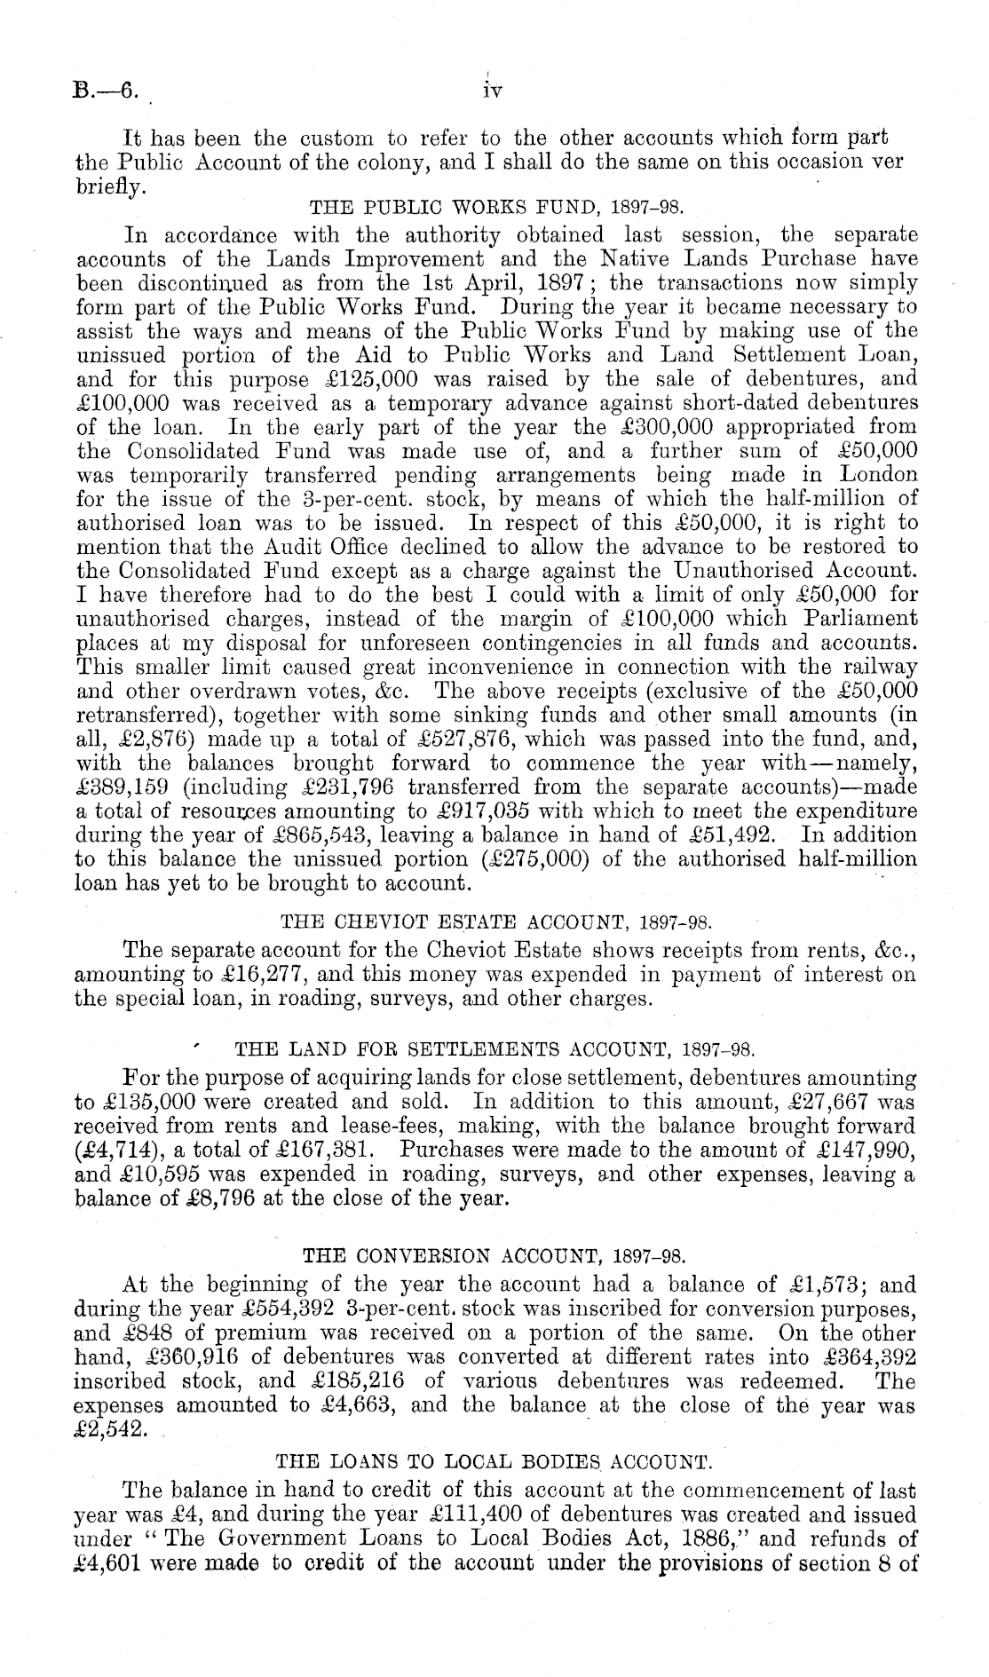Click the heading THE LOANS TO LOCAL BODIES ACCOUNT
[494, 1459]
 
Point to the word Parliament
[861, 619]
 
